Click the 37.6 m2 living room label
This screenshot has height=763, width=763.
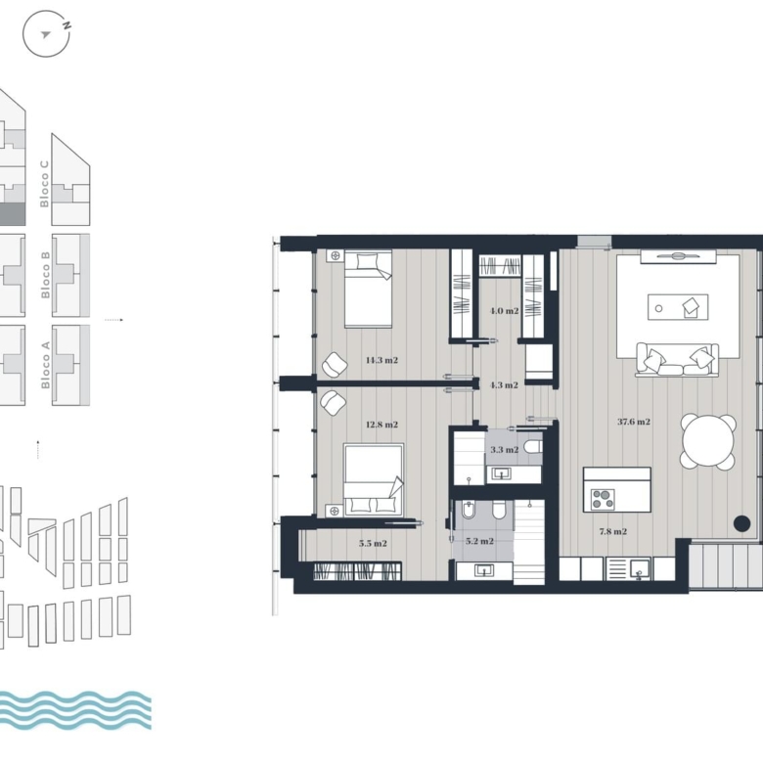pyautogui.click(x=634, y=422)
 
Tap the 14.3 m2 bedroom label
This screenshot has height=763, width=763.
pyautogui.click(x=381, y=361)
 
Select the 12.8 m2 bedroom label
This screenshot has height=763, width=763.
pyautogui.click(x=381, y=425)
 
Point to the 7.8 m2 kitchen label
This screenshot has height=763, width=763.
pyautogui.click(x=612, y=532)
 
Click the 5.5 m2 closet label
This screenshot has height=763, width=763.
pyautogui.click(x=373, y=544)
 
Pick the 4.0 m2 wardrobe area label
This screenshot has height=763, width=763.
pyautogui.click(x=504, y=311)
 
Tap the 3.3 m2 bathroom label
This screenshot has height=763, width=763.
pyautogui.click(x=504, y=450)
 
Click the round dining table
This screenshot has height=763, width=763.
pyautogui.click(x=707, y=442)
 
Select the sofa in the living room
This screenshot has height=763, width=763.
pyautogui.click(x=677, y=360)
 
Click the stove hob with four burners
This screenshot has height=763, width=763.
pyautogui.click(x=603, y=499)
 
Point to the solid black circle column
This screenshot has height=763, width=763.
pyautogui.click(x=741, y=523)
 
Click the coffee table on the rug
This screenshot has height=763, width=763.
pyautogui.click(x=677, y=307)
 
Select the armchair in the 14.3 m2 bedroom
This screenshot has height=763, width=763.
pyautogui.click(x=335, y=365)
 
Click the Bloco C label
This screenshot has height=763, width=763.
pyautogui.click(x=44, y=184)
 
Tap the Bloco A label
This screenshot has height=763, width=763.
pyautogui.click(x=45, y=365)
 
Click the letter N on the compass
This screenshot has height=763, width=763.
pyautogui.click(x=67, y=25)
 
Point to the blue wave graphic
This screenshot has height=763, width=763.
pyautogui.click(x=74, y=710)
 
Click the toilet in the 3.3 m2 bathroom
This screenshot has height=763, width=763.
pyautogui.click(x=533, y=446)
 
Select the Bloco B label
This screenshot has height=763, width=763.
pyautogui.click(x=45, y=275)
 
